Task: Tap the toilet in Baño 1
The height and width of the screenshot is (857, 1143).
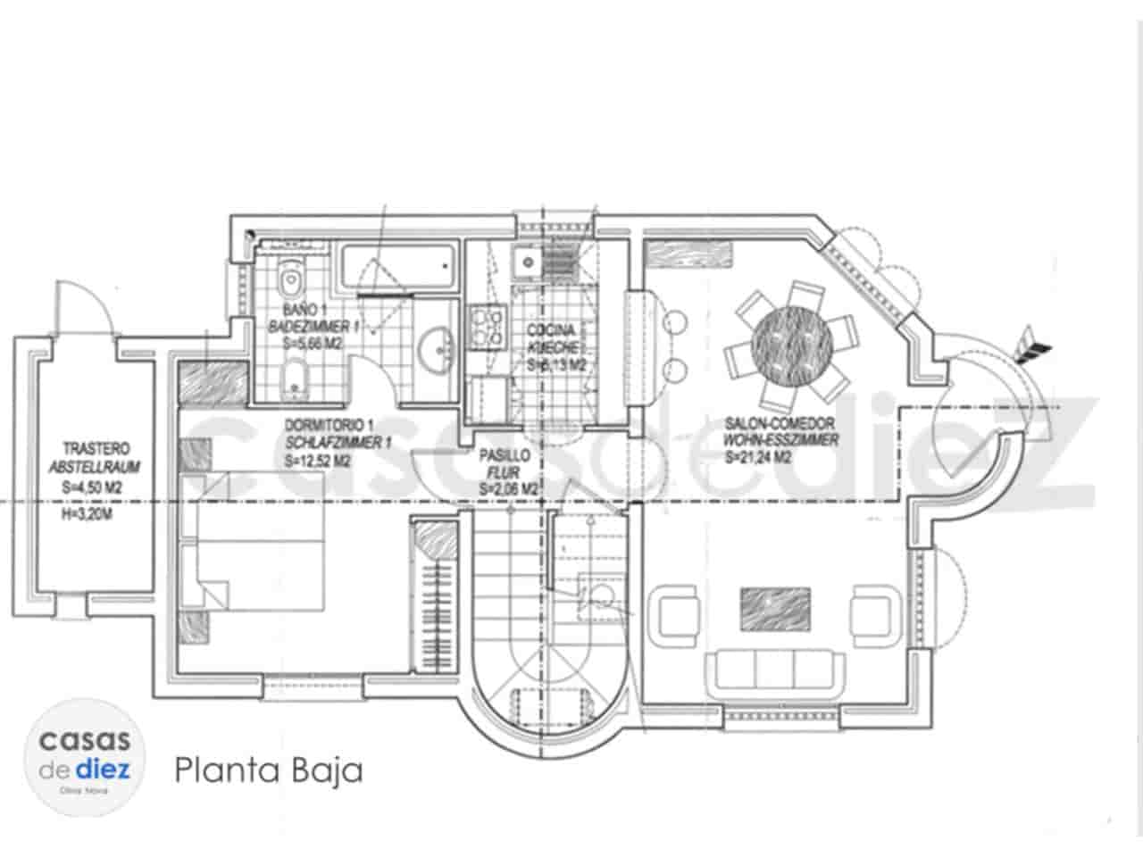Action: coord(290,279)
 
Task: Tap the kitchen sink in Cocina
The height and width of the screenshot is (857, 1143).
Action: coord(526,262)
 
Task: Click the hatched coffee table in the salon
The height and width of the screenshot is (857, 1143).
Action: coord(775,610)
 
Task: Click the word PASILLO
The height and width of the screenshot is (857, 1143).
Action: coord(505,455)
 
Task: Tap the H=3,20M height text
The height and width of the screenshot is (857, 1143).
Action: coord(93,513)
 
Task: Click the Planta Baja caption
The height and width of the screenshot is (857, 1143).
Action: coord(269,770)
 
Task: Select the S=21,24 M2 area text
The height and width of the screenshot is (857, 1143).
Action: coord(758,458)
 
